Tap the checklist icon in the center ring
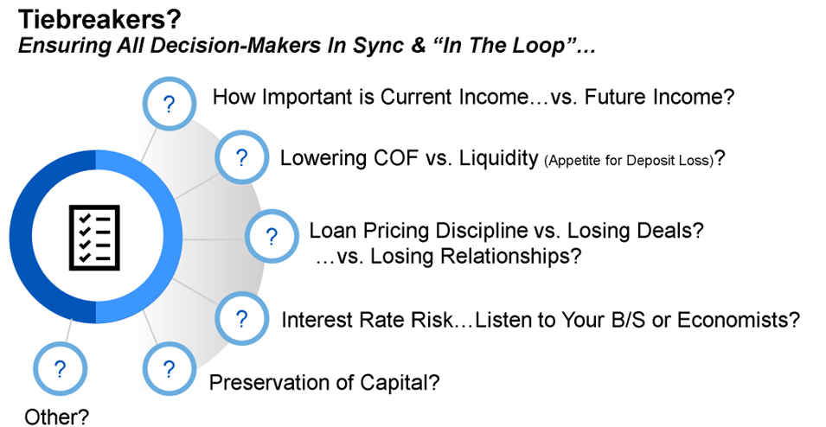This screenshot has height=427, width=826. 95,238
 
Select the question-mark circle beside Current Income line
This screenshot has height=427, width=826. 170,105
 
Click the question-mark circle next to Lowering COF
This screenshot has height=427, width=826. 241,157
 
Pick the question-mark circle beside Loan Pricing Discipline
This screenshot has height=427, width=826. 272,237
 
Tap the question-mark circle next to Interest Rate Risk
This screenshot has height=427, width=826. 241,319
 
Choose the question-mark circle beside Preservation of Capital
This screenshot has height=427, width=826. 170,369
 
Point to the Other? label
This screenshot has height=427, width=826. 56,417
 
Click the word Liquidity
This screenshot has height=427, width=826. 498,158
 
